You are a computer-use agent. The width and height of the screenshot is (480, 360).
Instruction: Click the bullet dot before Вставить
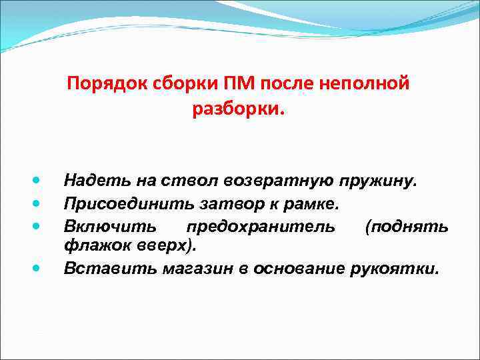37,267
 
